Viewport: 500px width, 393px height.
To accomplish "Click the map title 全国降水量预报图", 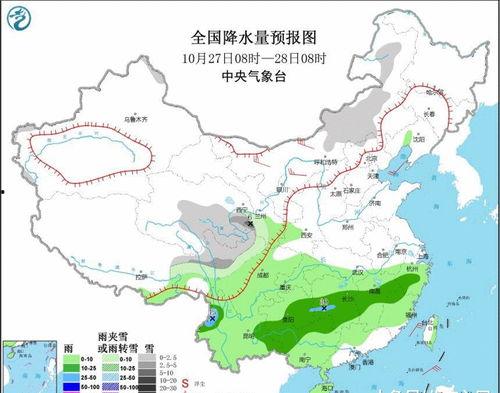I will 249,37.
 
